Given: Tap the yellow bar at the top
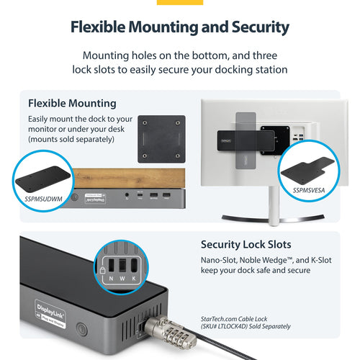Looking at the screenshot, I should tap(179, 2).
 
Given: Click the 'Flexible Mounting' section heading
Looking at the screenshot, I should tap(72, 102).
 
